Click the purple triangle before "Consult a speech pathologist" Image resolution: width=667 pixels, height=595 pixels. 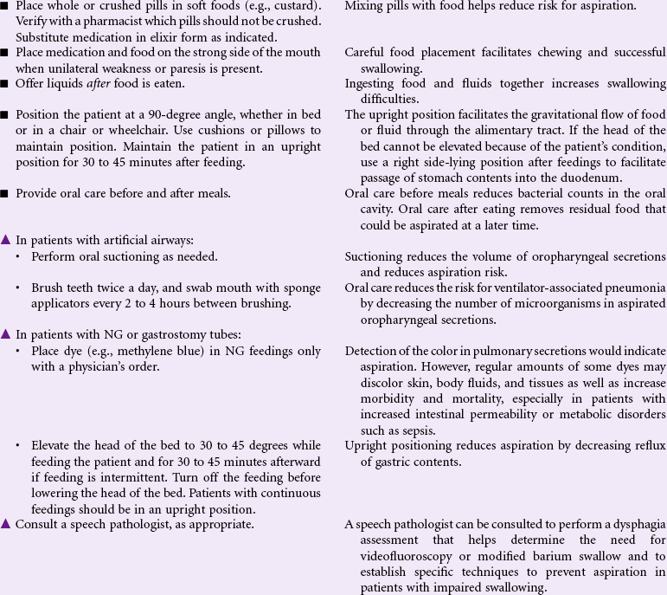[7, 524]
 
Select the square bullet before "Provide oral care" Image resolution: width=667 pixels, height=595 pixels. [6, 193]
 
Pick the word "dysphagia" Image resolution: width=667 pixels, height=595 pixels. [636, 525]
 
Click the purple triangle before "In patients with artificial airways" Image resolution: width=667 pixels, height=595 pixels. [7, 240]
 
